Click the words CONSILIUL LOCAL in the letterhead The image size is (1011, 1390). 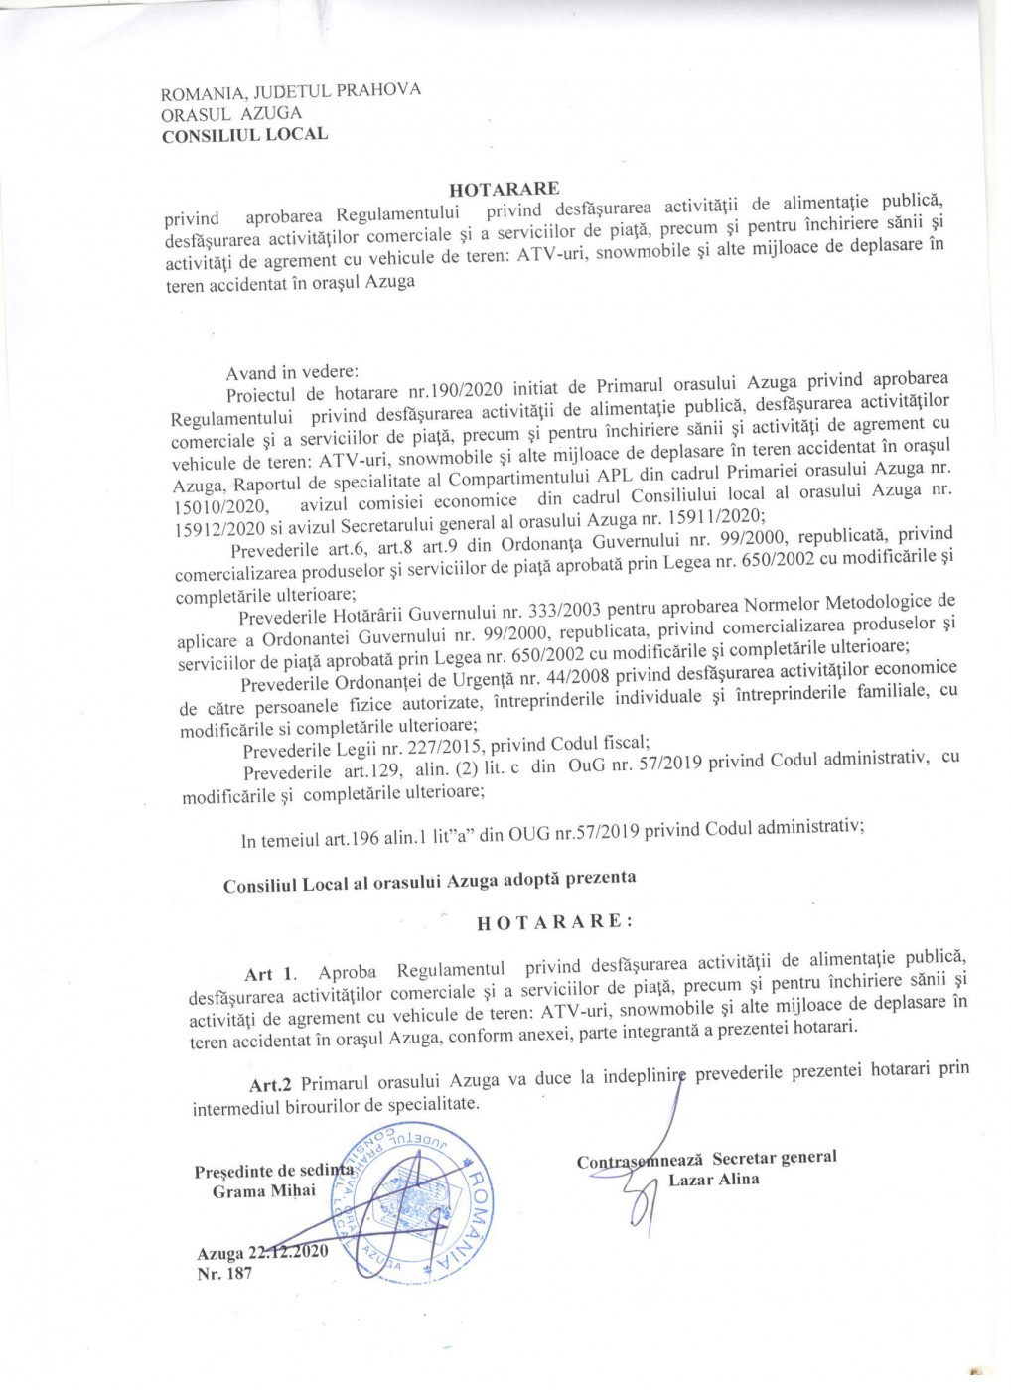pyautogui.click(x=244, y=134)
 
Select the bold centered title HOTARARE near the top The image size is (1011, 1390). pyautogui.click(x=505, y=188)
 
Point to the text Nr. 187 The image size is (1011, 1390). pyautogui.click(x=224, y=1274)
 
